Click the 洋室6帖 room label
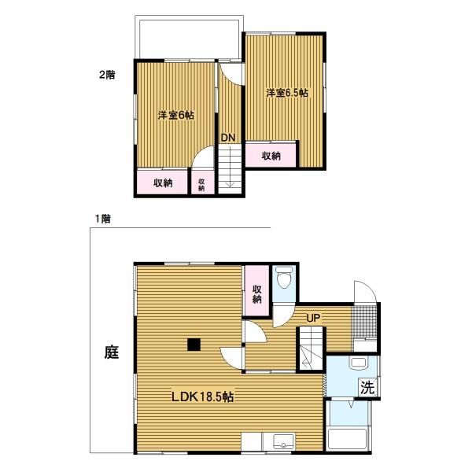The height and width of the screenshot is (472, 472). [x=176, y=116]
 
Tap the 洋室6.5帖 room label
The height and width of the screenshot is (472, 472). [x=287, y=93]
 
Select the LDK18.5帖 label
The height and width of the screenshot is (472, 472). [x=203, y=396]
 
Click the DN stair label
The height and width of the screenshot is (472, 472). [x=228, y=138]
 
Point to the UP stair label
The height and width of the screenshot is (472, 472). [x=313, y=318]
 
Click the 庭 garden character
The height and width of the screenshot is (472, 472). [x=112, y=352]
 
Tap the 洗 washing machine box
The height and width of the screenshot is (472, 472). [x=367, y=387]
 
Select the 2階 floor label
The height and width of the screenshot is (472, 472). [x=107, y=75]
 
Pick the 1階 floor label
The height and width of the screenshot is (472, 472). [x=103, y=219]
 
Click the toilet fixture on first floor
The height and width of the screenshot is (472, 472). [x=284, y=277]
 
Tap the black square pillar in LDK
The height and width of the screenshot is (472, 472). [x=194, y=345]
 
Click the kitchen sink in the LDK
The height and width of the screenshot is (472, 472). [x=283, y=442]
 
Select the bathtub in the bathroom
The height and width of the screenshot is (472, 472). [x=347, y=439]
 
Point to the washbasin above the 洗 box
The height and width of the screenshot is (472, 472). [x=358, y=363]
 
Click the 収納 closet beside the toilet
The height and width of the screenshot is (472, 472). [x=256, y=291]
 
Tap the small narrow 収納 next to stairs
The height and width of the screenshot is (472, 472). [x=202, y=183]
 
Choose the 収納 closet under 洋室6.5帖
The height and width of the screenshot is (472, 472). [x=271, y=155]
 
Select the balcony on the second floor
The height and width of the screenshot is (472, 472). [x=189, y=38]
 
